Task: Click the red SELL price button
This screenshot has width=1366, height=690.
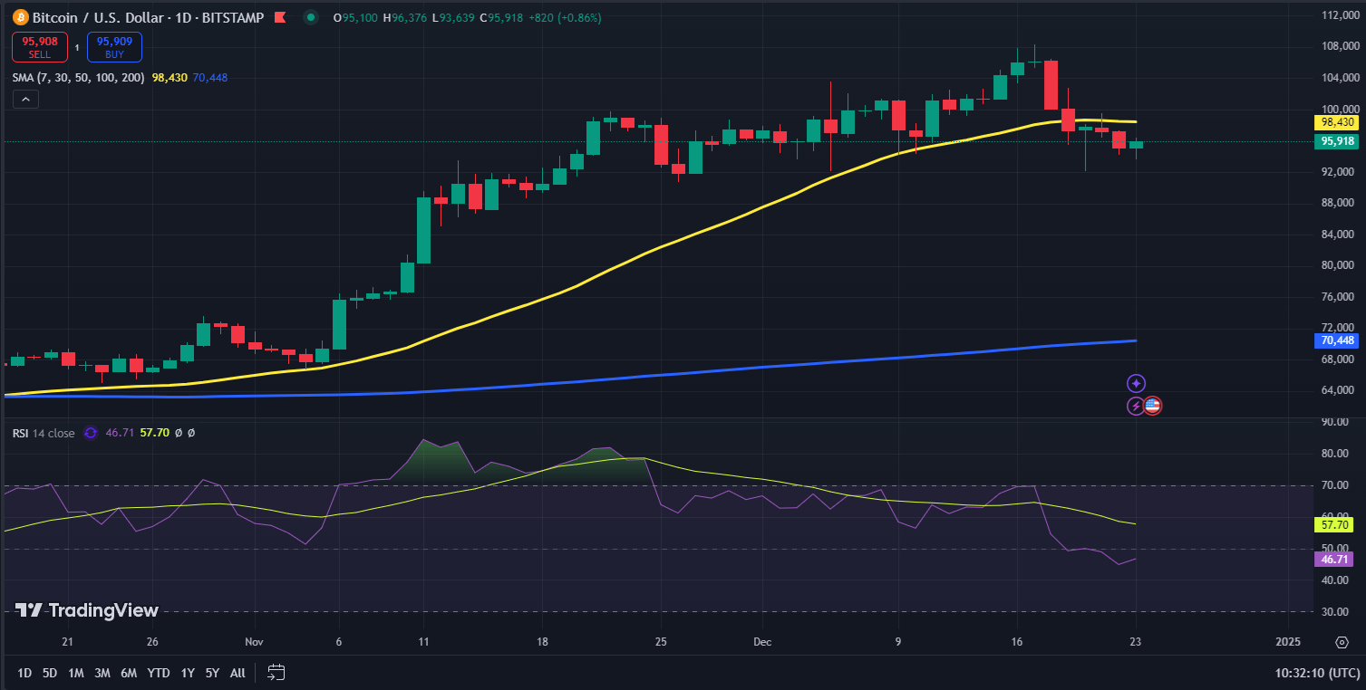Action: pos(37,46)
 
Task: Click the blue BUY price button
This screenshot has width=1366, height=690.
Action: pos(114,46)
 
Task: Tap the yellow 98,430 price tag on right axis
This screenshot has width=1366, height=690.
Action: pos(1337,122)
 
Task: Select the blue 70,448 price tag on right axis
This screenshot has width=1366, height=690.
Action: pos(1337,340)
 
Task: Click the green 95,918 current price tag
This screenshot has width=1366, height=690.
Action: pos(1337,141)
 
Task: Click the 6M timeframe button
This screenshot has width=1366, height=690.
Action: pos(129,673)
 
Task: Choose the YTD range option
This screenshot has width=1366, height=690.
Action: pos(159,673)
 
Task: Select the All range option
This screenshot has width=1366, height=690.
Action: pos(237,673)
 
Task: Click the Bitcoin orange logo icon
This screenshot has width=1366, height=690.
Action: pos(21,17)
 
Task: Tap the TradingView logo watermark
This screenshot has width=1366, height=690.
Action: pos(87,610)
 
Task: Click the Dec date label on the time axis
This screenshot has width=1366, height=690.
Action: pos(761,642)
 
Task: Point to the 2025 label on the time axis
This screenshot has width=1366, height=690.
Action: pos(1287,642)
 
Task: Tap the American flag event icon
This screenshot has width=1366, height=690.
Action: pos(1152,406)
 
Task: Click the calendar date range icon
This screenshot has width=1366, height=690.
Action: pos(276,673)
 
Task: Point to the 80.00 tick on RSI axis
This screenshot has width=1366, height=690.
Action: pos(1332,454)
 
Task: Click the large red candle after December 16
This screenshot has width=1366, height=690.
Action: pos(1051,84)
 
